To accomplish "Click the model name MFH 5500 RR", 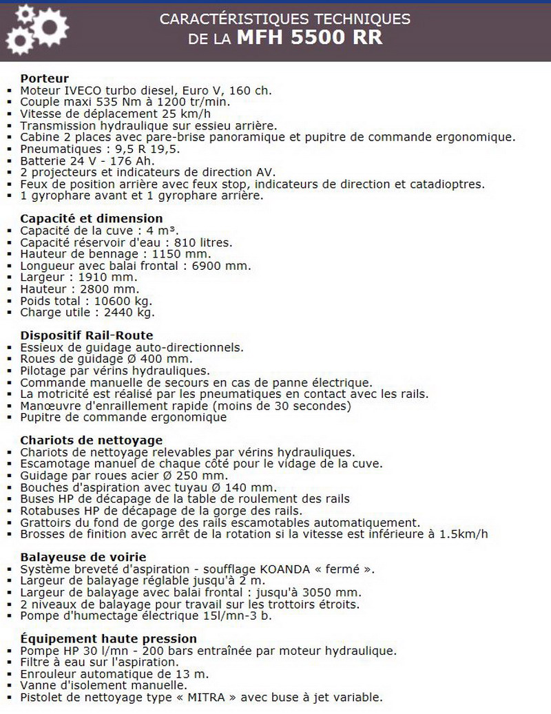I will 309,38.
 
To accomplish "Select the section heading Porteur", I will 45,78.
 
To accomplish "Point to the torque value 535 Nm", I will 103,102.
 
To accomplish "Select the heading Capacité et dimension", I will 92,219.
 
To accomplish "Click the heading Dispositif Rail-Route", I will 87,336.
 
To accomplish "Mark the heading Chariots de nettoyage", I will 92,440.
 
